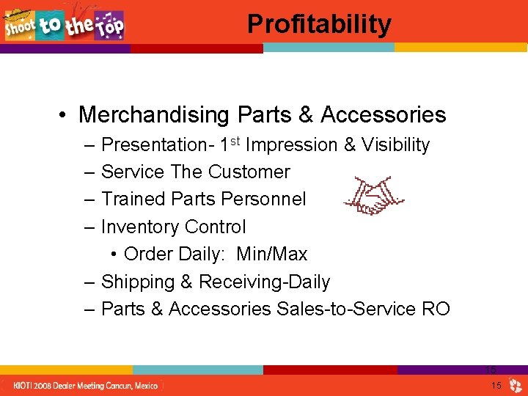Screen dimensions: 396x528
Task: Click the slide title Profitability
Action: (319, 23)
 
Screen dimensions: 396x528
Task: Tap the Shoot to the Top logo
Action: (65, 25)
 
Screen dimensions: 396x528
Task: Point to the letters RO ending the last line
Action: (436, 309)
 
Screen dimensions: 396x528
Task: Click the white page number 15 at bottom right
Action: (496, 386)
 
